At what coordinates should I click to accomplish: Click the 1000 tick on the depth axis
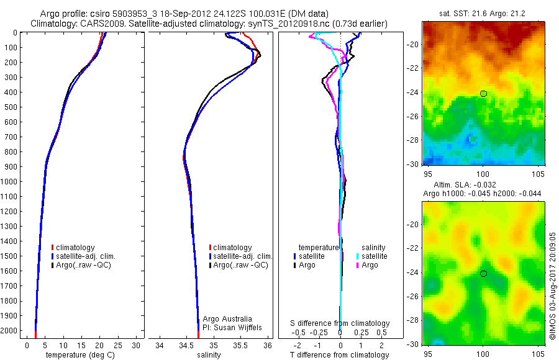[10, 182]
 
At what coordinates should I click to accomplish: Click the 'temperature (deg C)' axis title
[78, 355]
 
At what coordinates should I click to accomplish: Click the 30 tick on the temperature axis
[137, 345]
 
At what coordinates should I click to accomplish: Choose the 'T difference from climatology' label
[340, 355]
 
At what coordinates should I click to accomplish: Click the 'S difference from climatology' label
[340, 323]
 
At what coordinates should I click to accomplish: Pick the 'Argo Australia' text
[227, 318]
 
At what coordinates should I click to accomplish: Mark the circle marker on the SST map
[483, 94]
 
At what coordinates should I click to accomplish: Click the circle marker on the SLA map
[483, 274]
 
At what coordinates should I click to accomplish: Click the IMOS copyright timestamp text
[553, 287]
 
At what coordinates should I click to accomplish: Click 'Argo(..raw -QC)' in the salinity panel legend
[240, 265]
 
